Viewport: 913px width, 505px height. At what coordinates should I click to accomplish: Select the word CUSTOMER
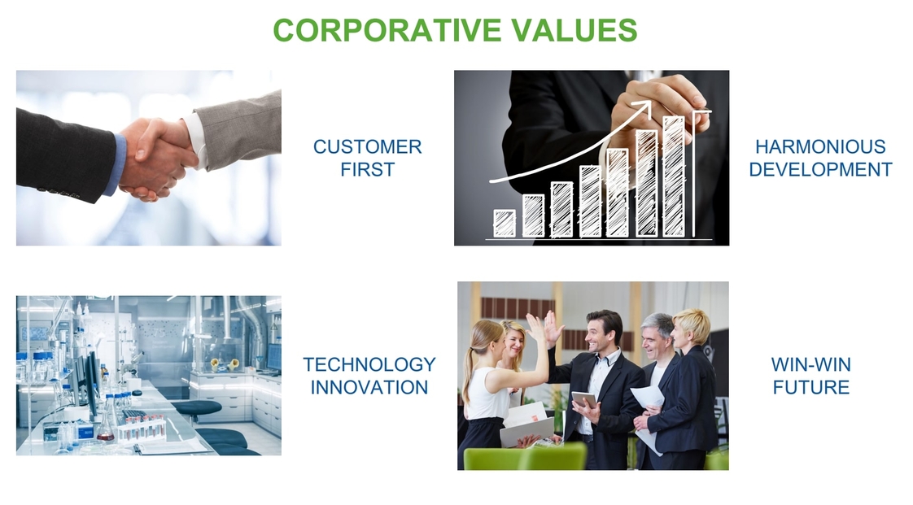(368, 146)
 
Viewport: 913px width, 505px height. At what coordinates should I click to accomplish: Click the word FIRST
(368, 169)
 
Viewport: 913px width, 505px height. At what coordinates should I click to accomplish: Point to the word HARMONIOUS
(820, 146)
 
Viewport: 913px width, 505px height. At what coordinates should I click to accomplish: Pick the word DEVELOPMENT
(820, 169)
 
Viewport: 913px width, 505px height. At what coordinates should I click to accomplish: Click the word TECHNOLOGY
(369, 364)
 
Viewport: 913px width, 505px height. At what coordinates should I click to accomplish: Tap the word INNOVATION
(369, 387)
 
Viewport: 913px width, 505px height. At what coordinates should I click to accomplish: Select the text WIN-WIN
(811, 364)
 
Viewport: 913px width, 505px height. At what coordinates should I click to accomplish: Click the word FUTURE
(811, 387)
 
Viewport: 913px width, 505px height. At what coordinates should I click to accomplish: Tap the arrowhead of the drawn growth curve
(643, 107)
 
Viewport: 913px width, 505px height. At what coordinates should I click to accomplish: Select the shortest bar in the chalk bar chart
(505, 224)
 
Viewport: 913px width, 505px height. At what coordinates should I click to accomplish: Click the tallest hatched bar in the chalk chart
(674, 176)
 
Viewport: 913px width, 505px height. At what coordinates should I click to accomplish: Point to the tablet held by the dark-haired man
(584, 400)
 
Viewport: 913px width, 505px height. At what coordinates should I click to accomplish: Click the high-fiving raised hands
(544, 329)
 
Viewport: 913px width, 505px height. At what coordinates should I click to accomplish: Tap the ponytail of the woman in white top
(468, 373)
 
